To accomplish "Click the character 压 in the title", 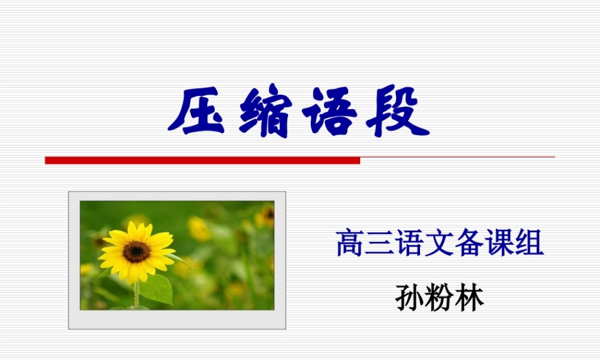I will click(x=197, y=113).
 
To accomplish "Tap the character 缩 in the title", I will click(x=265, y=113).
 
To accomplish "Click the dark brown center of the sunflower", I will click(x=136, y=251).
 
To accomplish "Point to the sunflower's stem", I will click(x=137, y=294).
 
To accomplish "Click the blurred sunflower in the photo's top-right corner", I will click(x=265, y=217).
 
